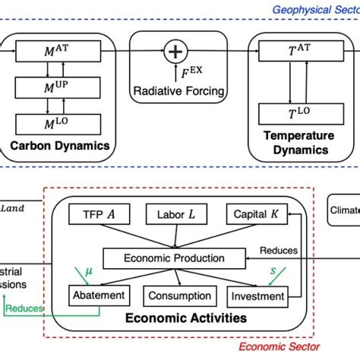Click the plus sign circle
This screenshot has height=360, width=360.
tap(176, 52)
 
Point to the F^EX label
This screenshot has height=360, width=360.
tap(175, 74)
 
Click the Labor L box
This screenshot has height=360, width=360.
tap(175, 215)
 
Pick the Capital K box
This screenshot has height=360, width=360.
tap(251, 215)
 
